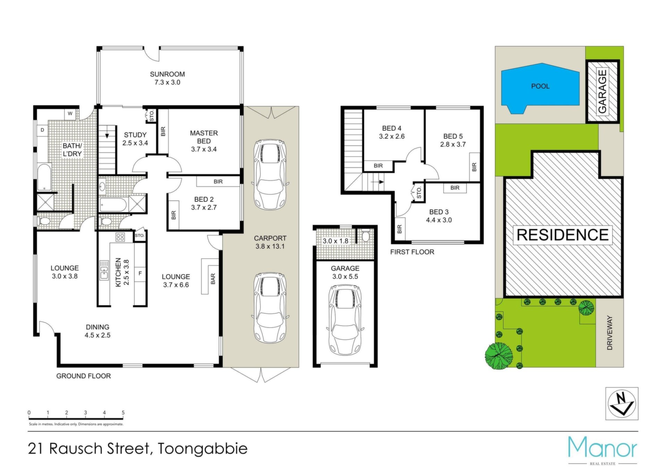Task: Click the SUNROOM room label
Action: pos(167,74)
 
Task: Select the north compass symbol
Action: pos(622,404)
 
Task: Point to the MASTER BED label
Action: pos(204,137)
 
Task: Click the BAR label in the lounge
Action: pos(213,279)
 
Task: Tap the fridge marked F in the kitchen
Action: pos(140,274)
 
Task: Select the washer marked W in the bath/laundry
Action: pos(70,113)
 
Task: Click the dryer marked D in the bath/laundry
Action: pos(42,130)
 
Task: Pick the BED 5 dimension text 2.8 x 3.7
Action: pos(453,144)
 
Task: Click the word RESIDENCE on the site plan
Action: pos(562,235)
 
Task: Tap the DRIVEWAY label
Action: pos(610,333)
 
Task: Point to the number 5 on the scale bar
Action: pos(123,412)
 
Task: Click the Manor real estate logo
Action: pos(603,450)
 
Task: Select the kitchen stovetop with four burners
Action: pos(120,237)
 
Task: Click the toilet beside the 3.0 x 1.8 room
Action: pos(365,236)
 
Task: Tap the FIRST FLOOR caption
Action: pos(412,252)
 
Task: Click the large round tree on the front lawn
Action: pos(499,355)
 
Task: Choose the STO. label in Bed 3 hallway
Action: pos(419,192)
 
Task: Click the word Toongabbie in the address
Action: pos(203,449)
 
